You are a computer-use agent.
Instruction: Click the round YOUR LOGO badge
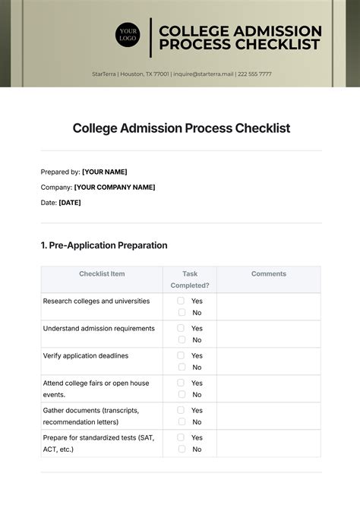(128, 36)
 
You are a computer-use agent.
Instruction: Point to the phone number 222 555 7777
(254, 74)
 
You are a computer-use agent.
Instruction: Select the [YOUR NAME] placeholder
(104, 172)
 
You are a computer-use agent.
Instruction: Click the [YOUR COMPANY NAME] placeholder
(115, 187)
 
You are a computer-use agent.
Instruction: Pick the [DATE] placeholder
(70, 203)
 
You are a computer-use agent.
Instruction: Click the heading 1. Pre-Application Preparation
(103, 245)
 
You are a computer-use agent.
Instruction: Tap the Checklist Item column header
(102, 274)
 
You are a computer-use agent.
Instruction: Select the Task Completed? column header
(189, 279)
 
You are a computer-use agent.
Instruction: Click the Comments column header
(268, 274)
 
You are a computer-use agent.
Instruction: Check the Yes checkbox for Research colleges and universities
(181, 301)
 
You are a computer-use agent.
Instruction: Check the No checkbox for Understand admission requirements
(181, 339)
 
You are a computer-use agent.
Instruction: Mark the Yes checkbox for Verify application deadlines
(181, 355)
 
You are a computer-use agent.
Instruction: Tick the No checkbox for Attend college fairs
(181, 394)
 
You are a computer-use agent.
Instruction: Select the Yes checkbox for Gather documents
(181, 410)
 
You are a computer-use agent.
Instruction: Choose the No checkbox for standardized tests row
(181, 449)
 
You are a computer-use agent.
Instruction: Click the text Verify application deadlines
(86, 355)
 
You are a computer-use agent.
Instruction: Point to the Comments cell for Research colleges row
(268, 307)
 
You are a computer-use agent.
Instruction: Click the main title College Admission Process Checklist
(182, 128)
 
